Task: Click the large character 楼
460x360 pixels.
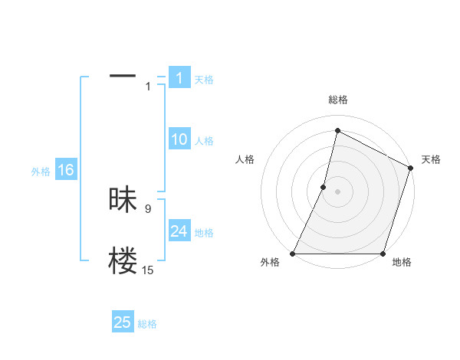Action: (123, 261)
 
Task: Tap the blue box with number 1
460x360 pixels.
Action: (179, 77)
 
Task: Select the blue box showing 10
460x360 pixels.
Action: (179, 139)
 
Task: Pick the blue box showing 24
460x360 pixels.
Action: (179, 231)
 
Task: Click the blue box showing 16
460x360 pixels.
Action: (65, 170)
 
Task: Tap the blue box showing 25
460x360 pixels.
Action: (123, 322)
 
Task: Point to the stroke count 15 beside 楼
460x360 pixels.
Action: (147, 270)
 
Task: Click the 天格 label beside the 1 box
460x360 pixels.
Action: (204, 79)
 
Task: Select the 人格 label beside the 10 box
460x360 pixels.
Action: (204, 141)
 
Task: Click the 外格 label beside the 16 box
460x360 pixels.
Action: (41, 172)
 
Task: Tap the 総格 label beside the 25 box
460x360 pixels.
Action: (147, 324)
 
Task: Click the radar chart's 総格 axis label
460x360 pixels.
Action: (337, 100)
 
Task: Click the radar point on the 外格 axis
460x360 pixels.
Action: (293, 254)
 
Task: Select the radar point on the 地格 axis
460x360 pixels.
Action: (383, 254)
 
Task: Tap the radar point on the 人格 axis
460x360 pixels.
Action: (324, 187)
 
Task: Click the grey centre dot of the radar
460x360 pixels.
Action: (337, 191)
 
